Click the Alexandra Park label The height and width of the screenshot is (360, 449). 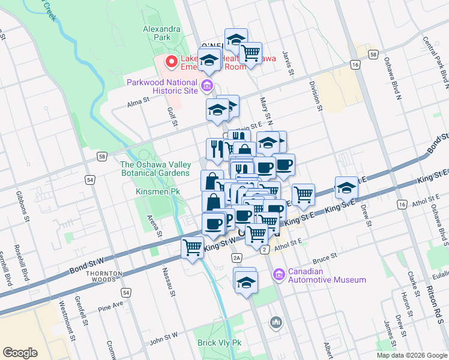click(x=161, y=32)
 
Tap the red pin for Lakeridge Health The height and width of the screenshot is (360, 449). click(x=171, y=61)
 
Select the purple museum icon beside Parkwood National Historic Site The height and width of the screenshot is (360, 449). click(x=207, y=86)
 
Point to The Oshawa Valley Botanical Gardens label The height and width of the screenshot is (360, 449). click(x=155, y=169)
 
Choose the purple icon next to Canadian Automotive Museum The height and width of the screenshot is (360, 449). click(x=279, y=275)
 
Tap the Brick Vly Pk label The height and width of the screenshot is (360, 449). click(x=219, y=343)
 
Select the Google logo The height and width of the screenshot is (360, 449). click(x=20, y=353)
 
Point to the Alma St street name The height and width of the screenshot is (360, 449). click(x=137, y=103)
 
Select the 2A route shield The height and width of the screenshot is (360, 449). click(x=237, y=257)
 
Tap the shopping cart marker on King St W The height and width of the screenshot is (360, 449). click(x=193, y=247)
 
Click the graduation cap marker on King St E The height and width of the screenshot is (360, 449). click(x=346, y=187)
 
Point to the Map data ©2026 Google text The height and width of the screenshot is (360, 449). click(x=411, y=355)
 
